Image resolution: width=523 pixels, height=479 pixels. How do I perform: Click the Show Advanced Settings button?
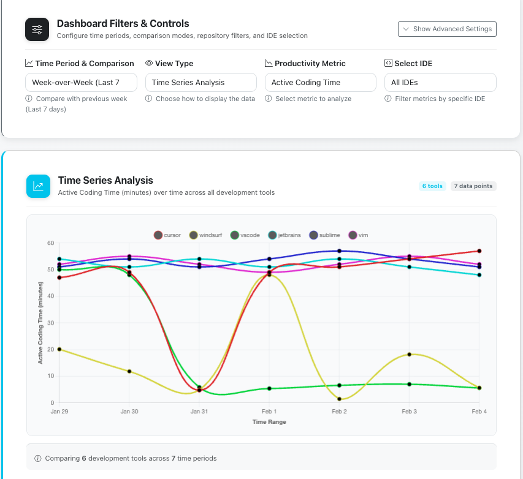tap(447, 29)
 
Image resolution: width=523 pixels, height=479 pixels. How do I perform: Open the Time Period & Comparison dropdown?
tap(80, 82)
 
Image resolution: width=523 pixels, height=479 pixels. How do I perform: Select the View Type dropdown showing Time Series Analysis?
tap(200, 82)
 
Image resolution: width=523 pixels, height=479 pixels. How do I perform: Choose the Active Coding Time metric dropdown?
tap(320, 82)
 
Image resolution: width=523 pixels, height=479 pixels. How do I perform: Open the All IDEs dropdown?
tap(440, 82)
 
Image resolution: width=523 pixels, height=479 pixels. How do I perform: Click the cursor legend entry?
tap(167, 235)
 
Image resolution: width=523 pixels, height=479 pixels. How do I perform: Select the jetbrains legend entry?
tap(285, 235)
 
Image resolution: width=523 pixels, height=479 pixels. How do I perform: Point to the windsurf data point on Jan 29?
tap(59, 349)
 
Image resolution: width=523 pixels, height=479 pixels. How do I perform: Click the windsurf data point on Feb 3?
tap(409, 355)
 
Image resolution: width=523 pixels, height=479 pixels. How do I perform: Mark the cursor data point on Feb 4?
tap(479, 251)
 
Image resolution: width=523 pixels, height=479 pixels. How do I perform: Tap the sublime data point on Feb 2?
tap(339, 251)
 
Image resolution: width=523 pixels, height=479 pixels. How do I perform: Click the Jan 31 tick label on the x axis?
tap(199, 412)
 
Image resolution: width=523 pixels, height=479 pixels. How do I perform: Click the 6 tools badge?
tap(432, 186)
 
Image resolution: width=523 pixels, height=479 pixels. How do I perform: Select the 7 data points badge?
tap(473, 186)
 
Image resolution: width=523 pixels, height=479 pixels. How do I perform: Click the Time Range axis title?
tap(269, 422)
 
